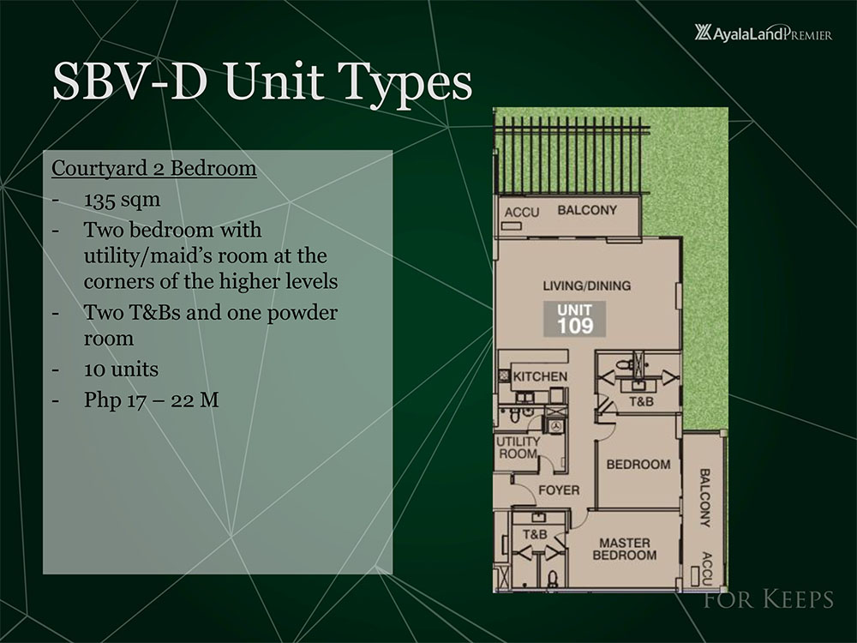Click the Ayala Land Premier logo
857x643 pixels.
click(x=763, y=33)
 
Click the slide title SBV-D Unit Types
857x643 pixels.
click(x=262, y=82)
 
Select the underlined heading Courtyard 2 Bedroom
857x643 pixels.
click(x=154, y=168)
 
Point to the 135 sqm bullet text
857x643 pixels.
click(x=122, y=199)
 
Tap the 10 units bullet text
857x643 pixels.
click(x=121, y=369)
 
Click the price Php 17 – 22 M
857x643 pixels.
click(x=152, y=400)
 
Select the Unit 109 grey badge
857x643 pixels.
click(x=574, y=318)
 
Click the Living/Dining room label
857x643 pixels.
click(x=586, y=285)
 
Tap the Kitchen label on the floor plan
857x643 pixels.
click(x=540, y=376)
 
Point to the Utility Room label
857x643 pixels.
click(x=518, y=448)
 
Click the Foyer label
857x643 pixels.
click(x=559, y=490)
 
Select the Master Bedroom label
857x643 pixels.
click(x=624, y=549)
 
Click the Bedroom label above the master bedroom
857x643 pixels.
click(x=638, y=464)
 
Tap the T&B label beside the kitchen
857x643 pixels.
click(x=641, y=401)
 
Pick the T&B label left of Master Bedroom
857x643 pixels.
click(x=535, y=534)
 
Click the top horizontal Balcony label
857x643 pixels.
click(x=587, y=210)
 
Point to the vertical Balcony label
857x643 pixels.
click(x=705, y=497)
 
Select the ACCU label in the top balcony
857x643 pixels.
click(x=521, y=212)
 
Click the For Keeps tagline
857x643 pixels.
click(x=769, y=598)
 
